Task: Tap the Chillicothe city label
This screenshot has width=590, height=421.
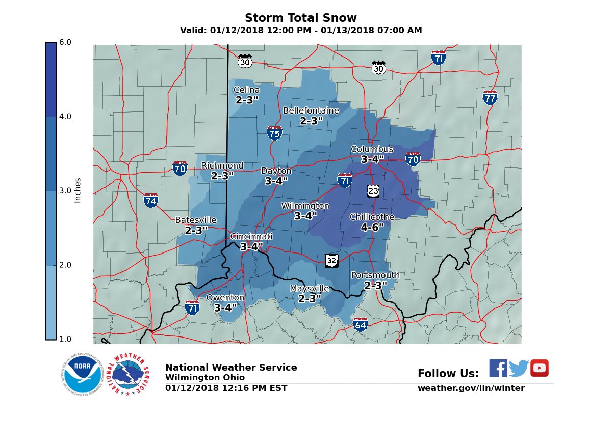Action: pyautogui.click(x=372, y=217)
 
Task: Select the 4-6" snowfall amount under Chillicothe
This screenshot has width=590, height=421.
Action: pyautogui.click(x=372, y=228)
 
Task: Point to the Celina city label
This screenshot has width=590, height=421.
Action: pyautogui.click(x=247, y=90)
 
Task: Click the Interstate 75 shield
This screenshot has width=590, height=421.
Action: pyautogui.click(x=274, y=133)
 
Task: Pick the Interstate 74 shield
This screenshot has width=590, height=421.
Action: pyautogui.click(x=150, y=200)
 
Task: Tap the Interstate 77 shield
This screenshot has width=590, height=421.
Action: pyautogui.click(x=490, y=97)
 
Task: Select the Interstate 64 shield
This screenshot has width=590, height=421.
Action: pyautogui.click(x=360, y=324)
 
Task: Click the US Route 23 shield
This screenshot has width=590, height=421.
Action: pyautogui.click(x=373, y=190)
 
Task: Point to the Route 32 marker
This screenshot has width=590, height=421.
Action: pyautogui.click(x=331, y=261)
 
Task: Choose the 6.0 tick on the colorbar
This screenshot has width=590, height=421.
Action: pyautogui.click(x=66, y=42)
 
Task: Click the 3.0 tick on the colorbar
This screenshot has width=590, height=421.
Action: pyautogui.click(x=66, y=191)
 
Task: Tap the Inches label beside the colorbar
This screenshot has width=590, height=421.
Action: pyautogui.click(x=78, y=190)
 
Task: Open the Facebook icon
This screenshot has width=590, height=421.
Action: pyautogui.click(x=498, y=368)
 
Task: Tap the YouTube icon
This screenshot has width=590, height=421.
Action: pyautogui.click(x=539, y=368)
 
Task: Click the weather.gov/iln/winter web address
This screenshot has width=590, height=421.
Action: pyautogui.click(x=471, y=388)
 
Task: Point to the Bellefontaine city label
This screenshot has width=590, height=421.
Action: pyautogui.click(x=311, y=111)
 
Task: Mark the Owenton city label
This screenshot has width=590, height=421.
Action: pyautogui.click(x=225, y=298)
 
